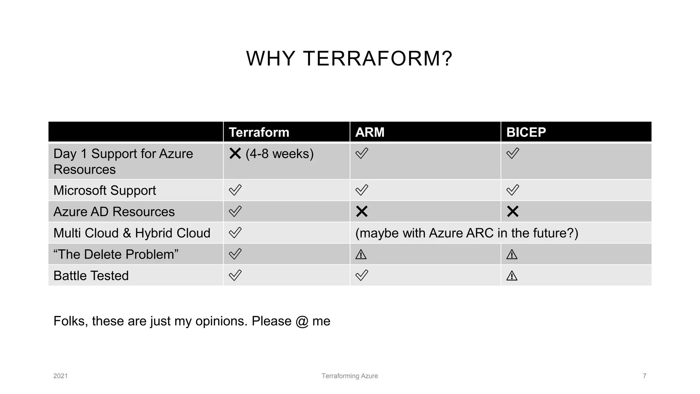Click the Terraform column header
pyautogui.click(x=259, y=132)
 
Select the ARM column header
pyautogui.click(x=369, y=132)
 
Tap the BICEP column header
pyautogui.click(x=526, y=132)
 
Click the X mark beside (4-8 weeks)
pyautogui.click(x=235, y=154)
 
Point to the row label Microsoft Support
pyautogui.click(x=105, y=191)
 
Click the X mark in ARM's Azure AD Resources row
pyautogui.click(x=362, y=212)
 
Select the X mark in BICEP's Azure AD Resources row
pyautogui.click(x=513, y=212)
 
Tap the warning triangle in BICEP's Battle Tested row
pyautogui.click(x=512, y=276)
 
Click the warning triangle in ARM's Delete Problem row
pyautogui.click(x=361, y=254)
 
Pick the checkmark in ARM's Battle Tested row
pyautogui.click(x=362, y=275)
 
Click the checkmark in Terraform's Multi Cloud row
pyautogui.click(x=235, y=233)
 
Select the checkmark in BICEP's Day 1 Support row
pyautogui.click(x=513, y=153)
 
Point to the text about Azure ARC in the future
pyautogui.click(x=467, y=233)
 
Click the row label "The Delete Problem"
pyautogui.click(x=116, y=254)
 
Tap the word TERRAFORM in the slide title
pyautogui.click(x=377, y=58)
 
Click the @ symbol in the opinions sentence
pyautogui.click(x=302, y=321)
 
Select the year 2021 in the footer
pyautogui.click(x=60, y=376)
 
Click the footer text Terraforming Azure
pyautogui.click(x=350, y=376)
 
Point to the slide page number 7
pyautogui.click(x=644, y=376)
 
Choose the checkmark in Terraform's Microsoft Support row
pyautogui.click(x=235, y=190)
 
